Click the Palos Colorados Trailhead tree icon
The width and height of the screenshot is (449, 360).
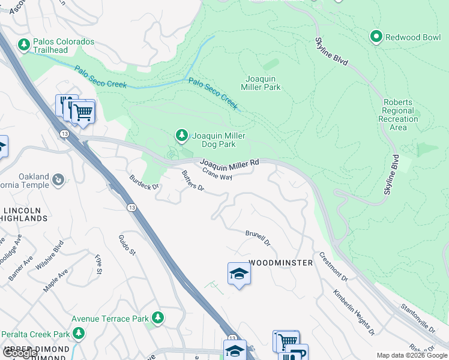click(x=24, y=45)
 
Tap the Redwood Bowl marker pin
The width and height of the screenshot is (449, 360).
click(x=376, y=37)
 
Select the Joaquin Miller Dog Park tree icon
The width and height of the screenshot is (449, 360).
click(x=181, y=136)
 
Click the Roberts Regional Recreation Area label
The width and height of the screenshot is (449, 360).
click(x=397, y=115)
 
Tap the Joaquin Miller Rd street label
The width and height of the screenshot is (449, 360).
click(x=229, y=163)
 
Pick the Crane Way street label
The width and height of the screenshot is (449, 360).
click(x=217, y=174)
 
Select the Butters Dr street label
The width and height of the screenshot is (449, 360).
click(x=193, y=182)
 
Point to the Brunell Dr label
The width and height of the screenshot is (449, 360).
click(x=258, y=238)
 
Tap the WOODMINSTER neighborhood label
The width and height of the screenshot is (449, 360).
click(x=281, y=263)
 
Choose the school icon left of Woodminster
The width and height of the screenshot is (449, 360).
click(x=239, y=274)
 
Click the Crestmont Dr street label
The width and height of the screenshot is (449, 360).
click(x=333, y=266)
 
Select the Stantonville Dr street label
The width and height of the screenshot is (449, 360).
click(x=417, y=318)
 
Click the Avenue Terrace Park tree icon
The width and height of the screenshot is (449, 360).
click(x=158, y=317)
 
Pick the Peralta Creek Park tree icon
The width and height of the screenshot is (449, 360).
click(x=78, y=333)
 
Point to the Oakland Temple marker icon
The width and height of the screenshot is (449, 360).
click(x=58, y=179)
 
